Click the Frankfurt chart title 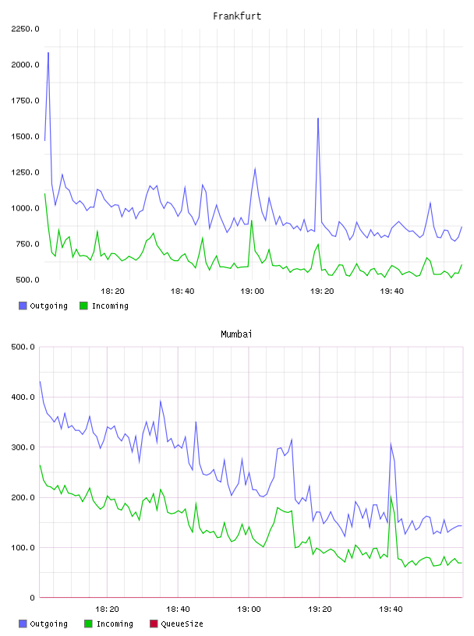237,16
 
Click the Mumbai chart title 236,334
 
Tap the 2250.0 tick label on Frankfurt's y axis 25,29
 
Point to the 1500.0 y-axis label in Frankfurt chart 25,136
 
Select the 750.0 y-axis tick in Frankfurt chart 27,244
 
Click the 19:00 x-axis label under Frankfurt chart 252,291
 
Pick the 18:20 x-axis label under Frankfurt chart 112,291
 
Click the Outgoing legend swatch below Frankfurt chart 23,306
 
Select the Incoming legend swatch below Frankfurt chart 83,306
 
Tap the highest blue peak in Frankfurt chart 48,53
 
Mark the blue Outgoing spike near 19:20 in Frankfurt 318,118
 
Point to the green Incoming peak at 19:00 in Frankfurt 252,221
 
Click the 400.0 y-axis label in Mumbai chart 23,397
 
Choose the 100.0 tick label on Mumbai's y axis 23,548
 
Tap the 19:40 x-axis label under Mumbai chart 391,609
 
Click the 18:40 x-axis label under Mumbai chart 178,609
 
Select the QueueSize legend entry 177,624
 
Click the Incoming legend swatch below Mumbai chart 88,624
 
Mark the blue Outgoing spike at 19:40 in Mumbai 391,443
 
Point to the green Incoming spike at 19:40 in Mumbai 391,496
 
